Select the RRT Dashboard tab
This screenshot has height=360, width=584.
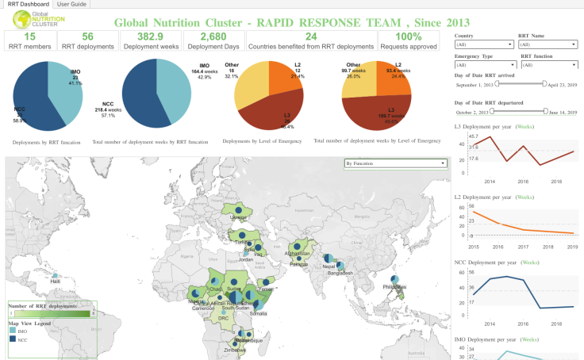coord(27,4)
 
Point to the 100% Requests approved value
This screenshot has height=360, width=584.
coord(408,36)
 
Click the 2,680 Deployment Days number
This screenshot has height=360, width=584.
coord(213,36)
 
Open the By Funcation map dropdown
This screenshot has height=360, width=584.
coord(395,163)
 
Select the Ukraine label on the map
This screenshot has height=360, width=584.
coord(238,217)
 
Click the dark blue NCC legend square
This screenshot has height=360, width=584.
coord(12,339)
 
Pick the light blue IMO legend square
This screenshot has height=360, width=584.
coord(12,331)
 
